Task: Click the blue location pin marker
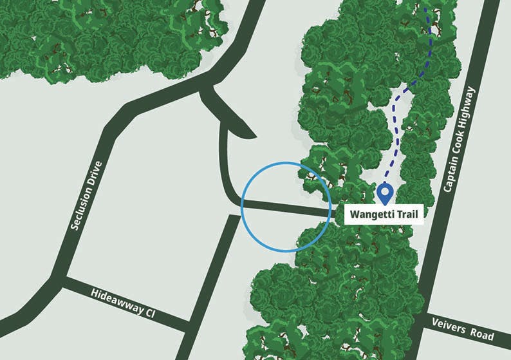pos(385,191)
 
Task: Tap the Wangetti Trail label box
pos(384,214)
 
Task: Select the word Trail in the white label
pos(407,214)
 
